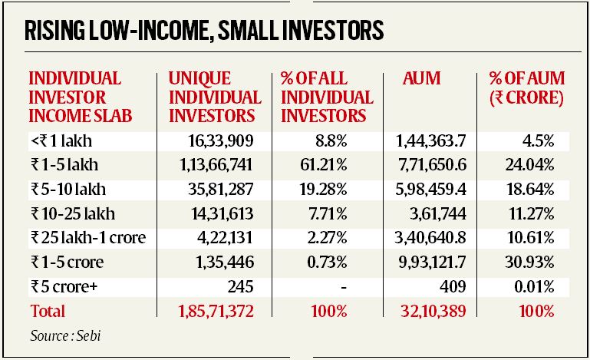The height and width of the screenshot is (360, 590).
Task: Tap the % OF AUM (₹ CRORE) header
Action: [526, 88]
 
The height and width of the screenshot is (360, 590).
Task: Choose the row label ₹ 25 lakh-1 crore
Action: [87, 238]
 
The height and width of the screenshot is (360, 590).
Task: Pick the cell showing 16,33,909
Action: [221, 140]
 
